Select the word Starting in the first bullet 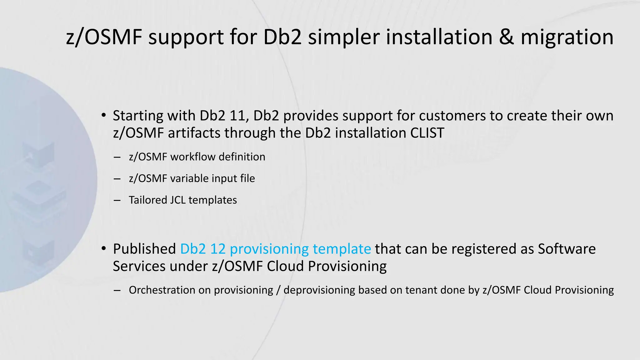[x=138, y=116]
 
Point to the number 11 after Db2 [x=239, y=116]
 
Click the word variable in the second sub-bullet [x=189, y=178]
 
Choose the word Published [x=144, y=249]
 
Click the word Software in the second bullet [x=567, y=249]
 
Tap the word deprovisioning [x=319, y=290]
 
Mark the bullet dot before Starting [x=103, y=115]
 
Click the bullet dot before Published [x=103, y=249]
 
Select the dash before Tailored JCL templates [x=117, y=200]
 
